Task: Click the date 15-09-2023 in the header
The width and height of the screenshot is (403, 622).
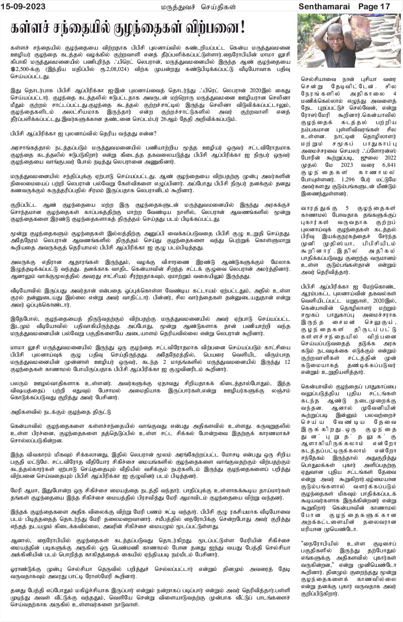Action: [23, 6]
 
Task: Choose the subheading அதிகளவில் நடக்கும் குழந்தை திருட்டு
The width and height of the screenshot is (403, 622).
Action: [61, 412]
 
